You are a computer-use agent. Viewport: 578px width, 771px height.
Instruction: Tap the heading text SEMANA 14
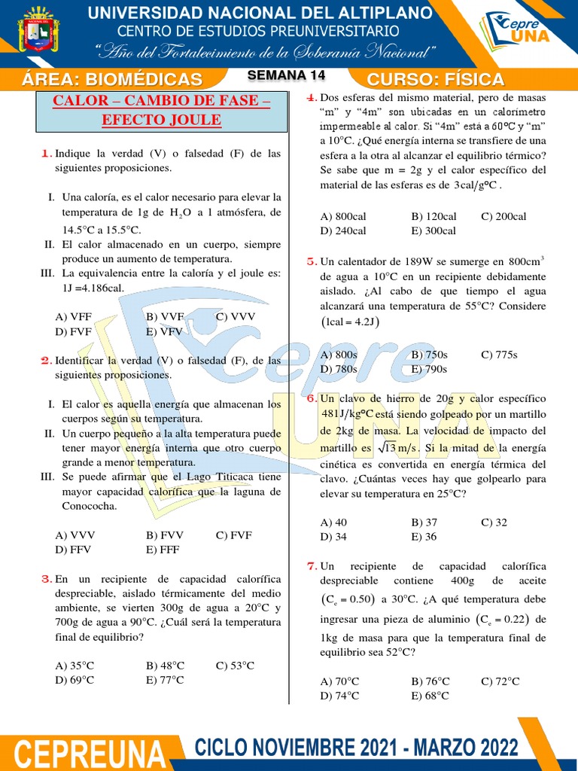(286, 75)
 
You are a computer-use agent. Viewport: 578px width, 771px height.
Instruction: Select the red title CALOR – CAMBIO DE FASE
(161, 102)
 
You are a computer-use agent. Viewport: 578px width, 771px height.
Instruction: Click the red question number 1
(46, 154)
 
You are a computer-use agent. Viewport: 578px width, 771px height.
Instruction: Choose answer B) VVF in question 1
(165, 317)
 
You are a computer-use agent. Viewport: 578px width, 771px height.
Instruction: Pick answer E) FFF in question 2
(163, 550)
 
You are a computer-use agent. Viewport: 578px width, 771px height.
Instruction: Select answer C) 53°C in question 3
(235, 666)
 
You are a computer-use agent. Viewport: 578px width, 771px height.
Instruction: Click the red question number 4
(310, 98)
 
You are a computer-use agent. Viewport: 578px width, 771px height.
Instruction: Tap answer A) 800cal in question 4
(343, 217)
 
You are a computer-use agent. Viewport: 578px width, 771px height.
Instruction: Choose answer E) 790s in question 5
(429, 369)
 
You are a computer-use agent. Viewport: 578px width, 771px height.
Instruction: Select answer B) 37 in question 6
(424, 523)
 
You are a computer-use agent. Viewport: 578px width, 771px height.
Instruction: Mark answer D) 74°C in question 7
(339, 696)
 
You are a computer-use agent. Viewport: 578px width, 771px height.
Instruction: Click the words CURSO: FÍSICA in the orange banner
(435, 80)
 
